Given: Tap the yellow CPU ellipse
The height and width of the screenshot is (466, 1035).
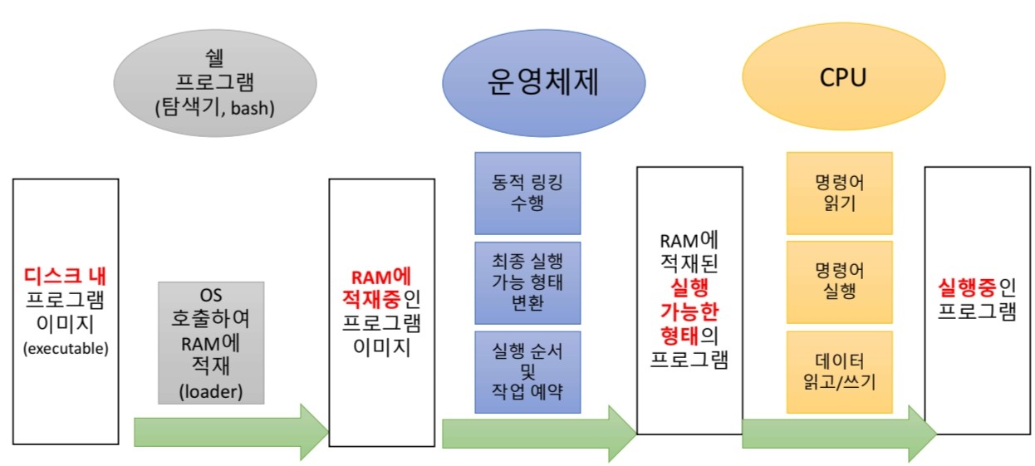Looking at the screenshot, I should point(842,80).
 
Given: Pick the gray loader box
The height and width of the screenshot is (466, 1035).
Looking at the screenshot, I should point(211,342).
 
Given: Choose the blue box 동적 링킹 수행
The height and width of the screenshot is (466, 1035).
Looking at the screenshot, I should point(527,193).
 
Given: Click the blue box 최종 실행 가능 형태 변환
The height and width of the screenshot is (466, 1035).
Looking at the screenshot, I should point(527,282).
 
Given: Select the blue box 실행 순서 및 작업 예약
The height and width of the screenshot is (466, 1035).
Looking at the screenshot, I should point(527,372).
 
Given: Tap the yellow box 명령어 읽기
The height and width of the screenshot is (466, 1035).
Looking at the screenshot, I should point(839,193).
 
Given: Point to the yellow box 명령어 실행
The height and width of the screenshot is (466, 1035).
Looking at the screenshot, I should point(839,282).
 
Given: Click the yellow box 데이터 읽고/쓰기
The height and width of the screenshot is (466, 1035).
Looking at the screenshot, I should point(839,372).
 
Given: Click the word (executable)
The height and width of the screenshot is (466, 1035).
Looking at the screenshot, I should point(66,348).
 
